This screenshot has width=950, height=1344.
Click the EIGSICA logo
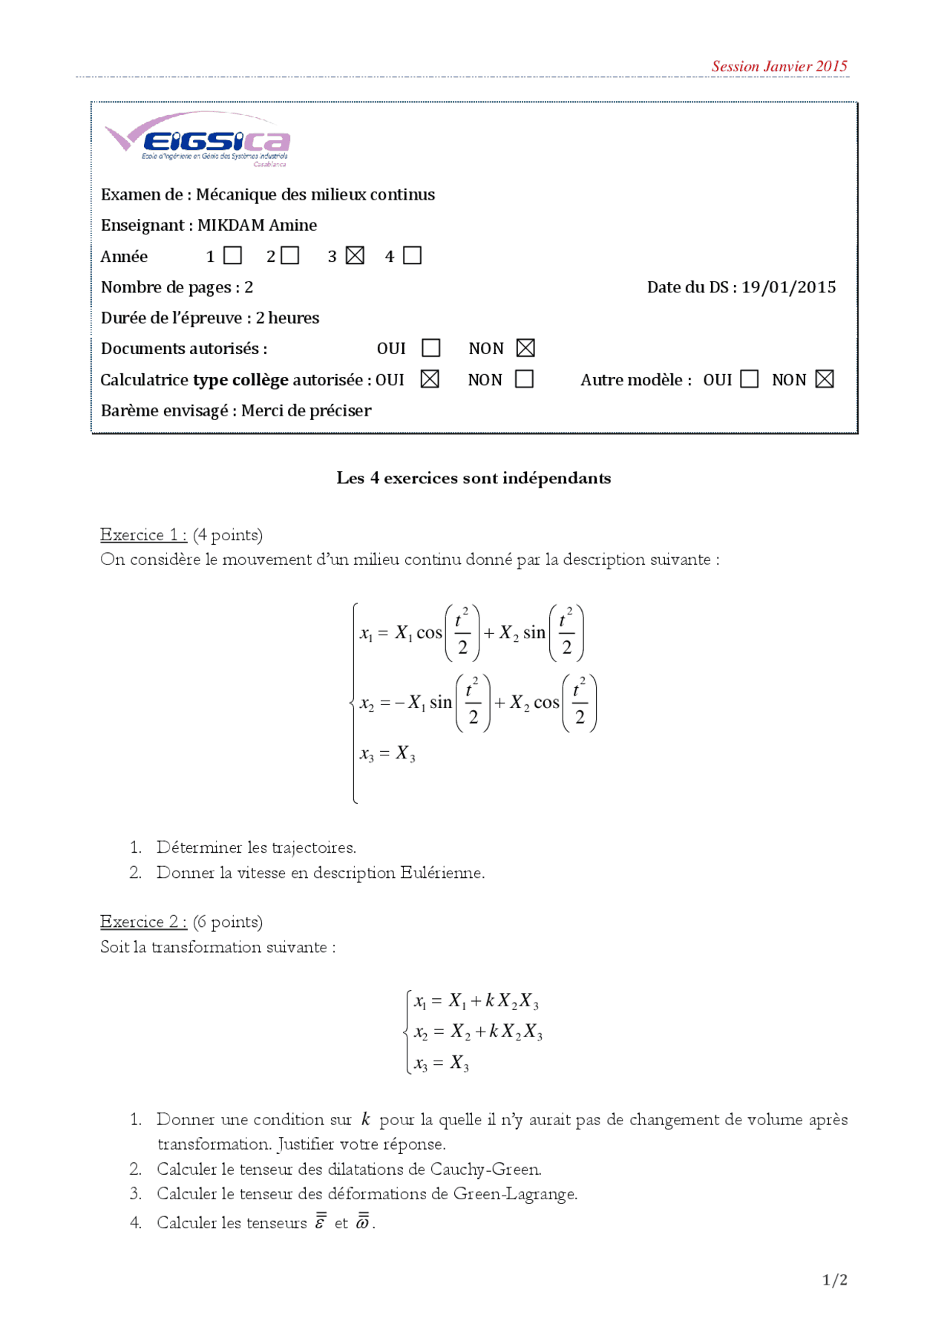(198, 139)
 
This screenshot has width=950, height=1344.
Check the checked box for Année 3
(356, 256)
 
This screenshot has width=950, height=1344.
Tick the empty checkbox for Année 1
(233, 256)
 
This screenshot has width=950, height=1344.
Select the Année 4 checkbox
(413, 256)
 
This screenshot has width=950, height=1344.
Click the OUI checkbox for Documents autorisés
(431, 348)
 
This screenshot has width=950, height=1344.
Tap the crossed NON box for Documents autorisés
(525, 348)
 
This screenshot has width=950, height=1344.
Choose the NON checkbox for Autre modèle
(825, 379)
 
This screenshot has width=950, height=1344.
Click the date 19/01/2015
(788, 287)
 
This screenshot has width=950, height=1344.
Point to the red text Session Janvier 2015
(779, 66)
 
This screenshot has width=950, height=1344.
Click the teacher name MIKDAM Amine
(257, 225)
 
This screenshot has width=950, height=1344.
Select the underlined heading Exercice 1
(142, 534)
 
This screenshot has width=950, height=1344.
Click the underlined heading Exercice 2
(142, 921)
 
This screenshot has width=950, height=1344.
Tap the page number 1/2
(835, 1279)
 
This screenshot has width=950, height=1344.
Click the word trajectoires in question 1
(313, 847)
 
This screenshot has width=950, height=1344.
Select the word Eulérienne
(442, 872)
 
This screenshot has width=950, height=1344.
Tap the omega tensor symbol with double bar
(363, 1222)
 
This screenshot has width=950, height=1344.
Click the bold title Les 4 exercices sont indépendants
(474, 478)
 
